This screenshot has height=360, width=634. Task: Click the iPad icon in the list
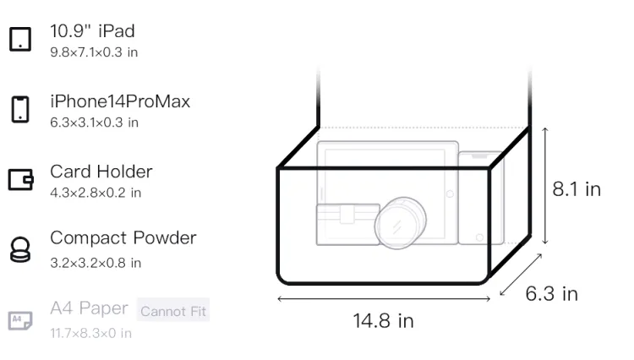click(20, 39)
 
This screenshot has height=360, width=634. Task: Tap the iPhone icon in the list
click(20, 109)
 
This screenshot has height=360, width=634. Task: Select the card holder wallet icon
click(20, 179)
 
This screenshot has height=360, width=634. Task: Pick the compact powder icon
click(20, 249)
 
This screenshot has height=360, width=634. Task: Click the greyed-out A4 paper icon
click(20, 320)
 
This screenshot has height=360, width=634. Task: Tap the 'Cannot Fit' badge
click(173, 311)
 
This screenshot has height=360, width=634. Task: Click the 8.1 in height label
click(577, 189)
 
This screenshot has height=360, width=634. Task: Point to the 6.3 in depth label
click(551, 293)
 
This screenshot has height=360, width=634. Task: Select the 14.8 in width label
click(383, 321)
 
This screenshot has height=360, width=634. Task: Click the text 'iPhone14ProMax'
click(120, 101)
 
